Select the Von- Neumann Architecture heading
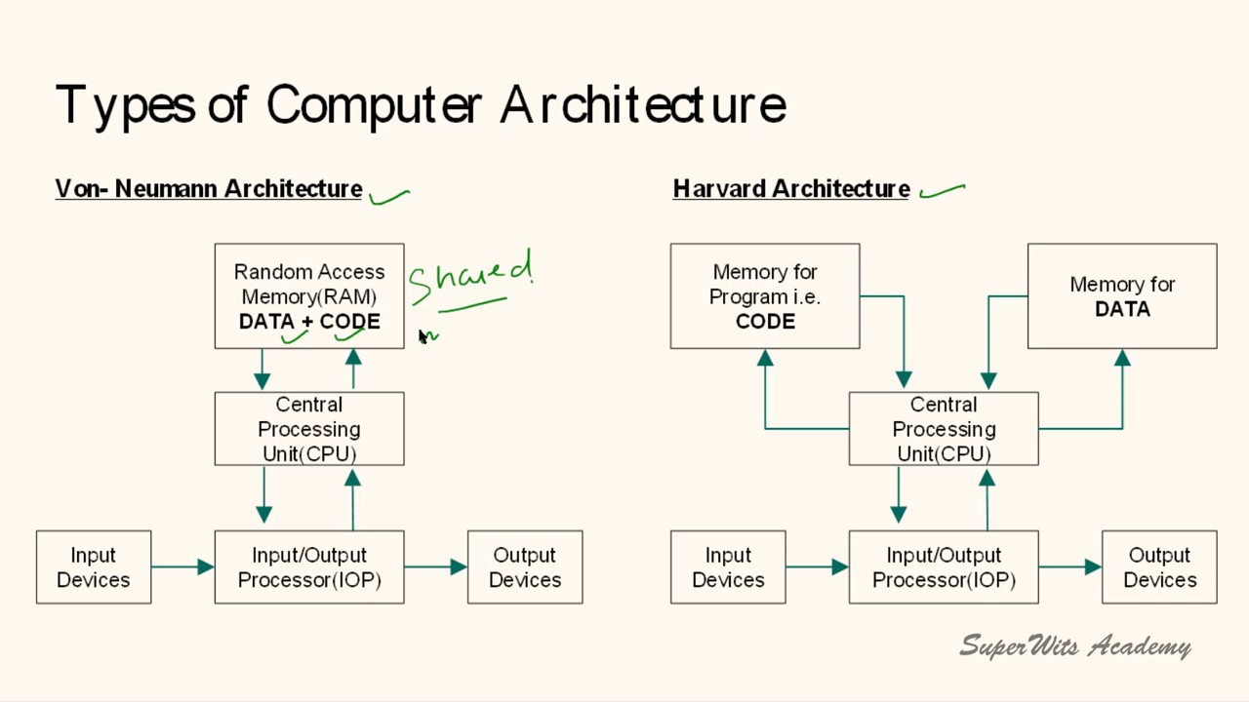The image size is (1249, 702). pyautogui.click(x=209, y=189)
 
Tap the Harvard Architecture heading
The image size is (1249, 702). pyautogui.click(x=791, y=189)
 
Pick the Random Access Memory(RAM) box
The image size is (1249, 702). pyautogui.click(x=309, y=295)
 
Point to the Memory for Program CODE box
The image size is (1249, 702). pyautogui.click(x=765, y=295)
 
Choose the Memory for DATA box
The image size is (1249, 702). pyautogui.click(x=1122, y=295)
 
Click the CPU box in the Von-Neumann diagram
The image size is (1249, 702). pyautogui.click(x=309, y=429)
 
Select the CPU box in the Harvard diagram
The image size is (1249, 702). pyautogui.click(x=944, y=429)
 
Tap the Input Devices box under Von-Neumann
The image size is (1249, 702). pyautogui.click(x=94, y=567)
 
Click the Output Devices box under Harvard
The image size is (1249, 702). pyautogui.click(x=1159, y=567)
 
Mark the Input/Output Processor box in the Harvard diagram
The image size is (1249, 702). pyautogui.click(x=944, y=567)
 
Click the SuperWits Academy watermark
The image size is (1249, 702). pyautogui.click(x=1075, y=645)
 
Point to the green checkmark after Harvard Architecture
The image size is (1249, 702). pyautogui.click(x=943, y=190)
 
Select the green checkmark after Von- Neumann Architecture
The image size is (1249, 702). pyautogui.click(x=389, y=196)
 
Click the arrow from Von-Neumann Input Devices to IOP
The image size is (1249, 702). pyautogui.click(x=182, y=566)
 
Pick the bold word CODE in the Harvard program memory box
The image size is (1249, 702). pyautogui.click(x=765, y=322)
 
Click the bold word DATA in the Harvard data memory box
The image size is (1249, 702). pyautogui.click(x=1122, y=309)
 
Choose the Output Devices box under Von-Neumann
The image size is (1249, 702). pyautogui.click(x=525, y=567)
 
